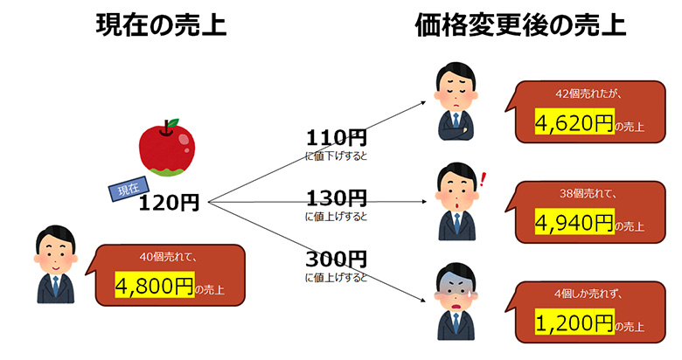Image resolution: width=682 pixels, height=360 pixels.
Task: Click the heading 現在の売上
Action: tap(161, 25)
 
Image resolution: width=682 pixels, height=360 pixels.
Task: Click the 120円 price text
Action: tap(169, 204)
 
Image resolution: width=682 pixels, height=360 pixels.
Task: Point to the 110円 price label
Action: tap(336, 137)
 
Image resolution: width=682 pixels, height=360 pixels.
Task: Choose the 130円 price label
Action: tap(336, 197)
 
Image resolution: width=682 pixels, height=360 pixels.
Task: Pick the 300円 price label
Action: tap(336, 260)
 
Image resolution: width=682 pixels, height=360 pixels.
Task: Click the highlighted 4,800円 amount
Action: tap(154, 286)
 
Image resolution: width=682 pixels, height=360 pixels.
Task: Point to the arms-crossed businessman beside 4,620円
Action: tap(455, 100)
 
